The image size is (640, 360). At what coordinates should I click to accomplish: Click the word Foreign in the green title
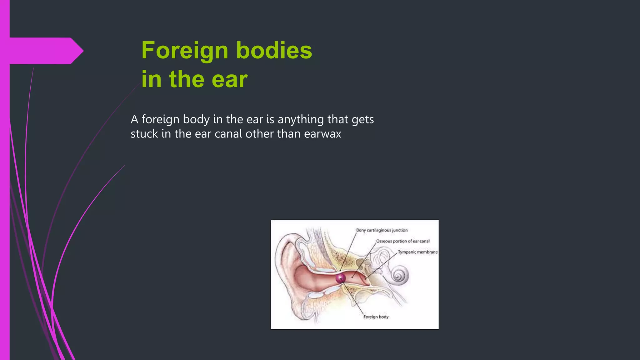coord(185,51)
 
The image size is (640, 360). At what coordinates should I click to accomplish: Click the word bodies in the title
coord(274,51)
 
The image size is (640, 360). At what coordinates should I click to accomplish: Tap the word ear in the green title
coord(229,79)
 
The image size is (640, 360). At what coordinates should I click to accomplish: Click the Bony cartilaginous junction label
coord(382,230)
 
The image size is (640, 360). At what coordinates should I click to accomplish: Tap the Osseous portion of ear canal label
coord(403,241)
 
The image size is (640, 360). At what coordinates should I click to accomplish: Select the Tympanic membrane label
coord(417,252)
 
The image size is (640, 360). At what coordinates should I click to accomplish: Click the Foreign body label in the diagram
coord(376,317)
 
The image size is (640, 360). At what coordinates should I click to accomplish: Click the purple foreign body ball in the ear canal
coord(341,278)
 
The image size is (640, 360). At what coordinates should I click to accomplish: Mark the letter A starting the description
coord(134,119)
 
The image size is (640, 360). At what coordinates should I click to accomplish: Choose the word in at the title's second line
coord(151,79)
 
